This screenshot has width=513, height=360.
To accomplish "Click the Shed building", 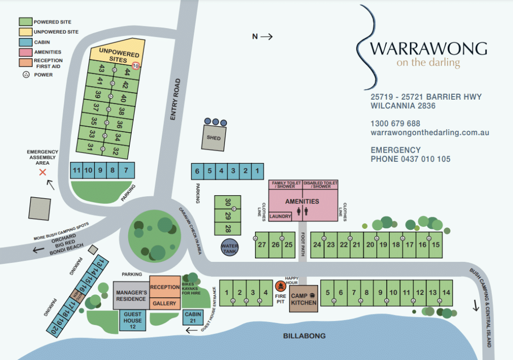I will click(x=213, y=138).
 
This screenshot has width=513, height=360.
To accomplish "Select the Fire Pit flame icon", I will click(x=280, y=286).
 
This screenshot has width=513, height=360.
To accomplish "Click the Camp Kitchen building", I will click(x=304, y=299).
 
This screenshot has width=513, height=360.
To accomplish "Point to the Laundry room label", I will click(x=280, y=216).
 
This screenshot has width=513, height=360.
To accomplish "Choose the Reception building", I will click(x=164, y=287).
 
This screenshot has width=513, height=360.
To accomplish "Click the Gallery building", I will click(x=164, y=303).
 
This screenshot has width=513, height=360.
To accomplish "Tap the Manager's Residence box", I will click(x=131, y=295).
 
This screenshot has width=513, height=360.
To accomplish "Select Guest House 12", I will click(x=133, y=320).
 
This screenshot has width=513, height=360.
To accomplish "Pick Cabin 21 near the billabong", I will click(x=193, y=317).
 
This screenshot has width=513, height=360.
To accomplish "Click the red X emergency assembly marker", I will click(x=43, y=172).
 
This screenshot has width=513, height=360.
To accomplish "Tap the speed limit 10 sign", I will click(x=135, y=66).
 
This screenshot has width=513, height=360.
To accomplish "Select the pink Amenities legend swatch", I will click(x=25, y=52).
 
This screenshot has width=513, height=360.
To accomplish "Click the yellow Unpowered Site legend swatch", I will click(x=25, y=32).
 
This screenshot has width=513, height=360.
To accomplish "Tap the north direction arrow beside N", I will click(x=267, y=36).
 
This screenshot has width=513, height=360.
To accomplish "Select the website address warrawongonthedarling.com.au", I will click(x=429, y=133).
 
